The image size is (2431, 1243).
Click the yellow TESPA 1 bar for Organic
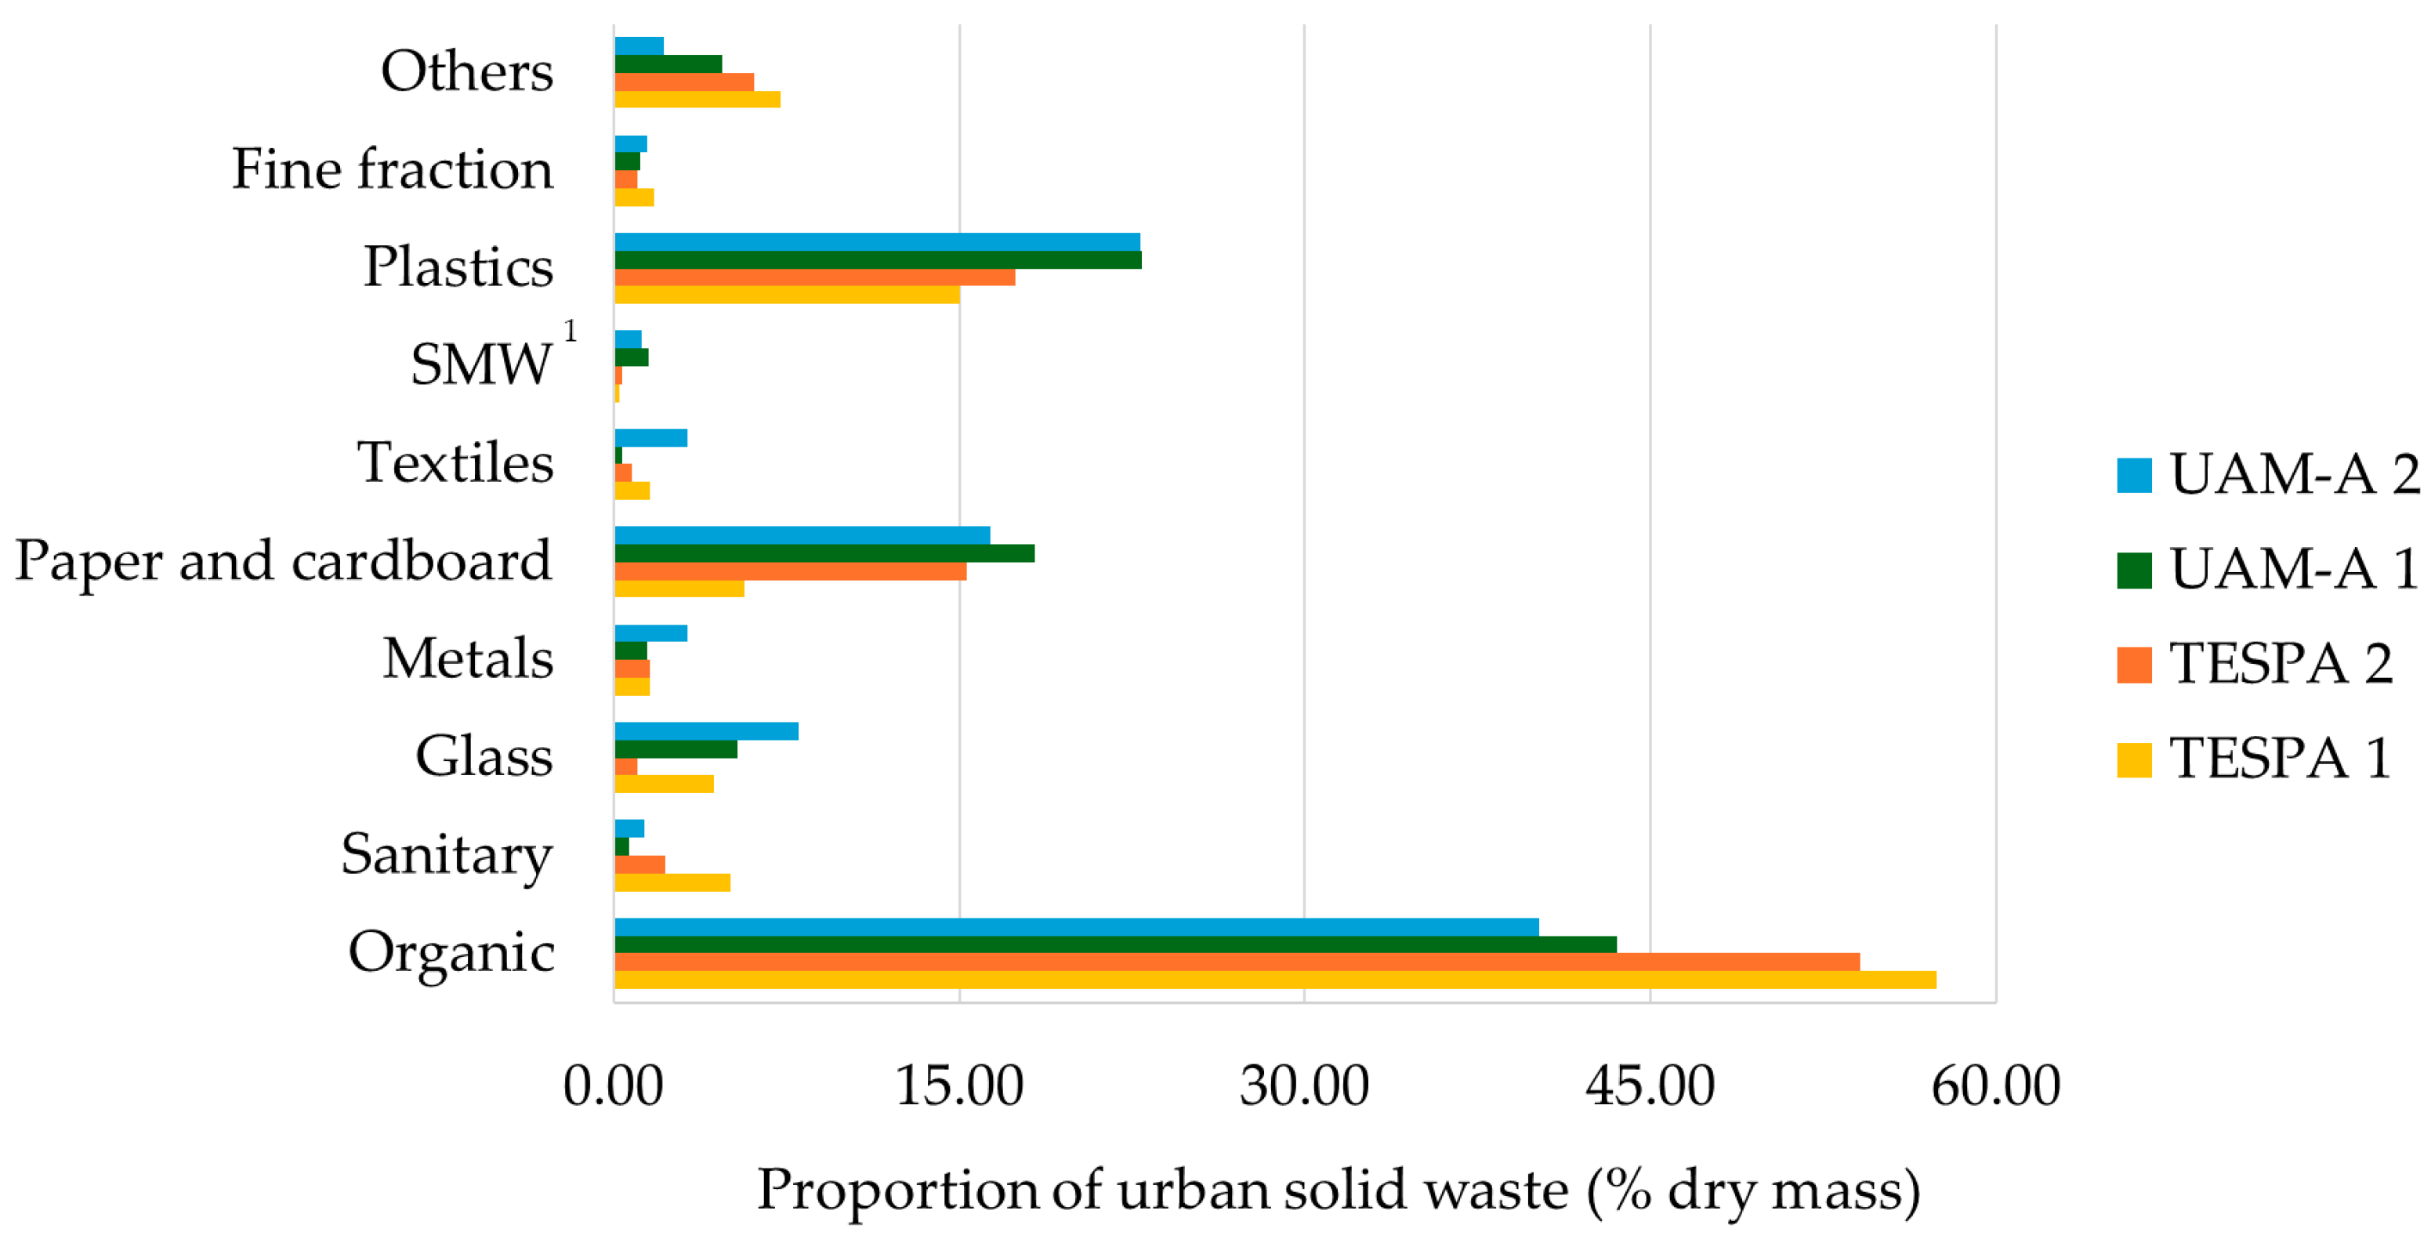[1274, 980]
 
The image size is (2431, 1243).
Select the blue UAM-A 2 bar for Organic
[1076, 927]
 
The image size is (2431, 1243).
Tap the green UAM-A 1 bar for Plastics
[878, 259]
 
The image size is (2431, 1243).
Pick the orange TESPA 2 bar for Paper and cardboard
[790, 571]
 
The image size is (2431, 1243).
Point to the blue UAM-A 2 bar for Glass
[706, 731]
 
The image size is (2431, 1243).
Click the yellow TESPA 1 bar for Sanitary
[672, 882]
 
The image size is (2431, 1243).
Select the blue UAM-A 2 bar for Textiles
[650, 438]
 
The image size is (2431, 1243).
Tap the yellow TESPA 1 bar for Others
[697, 99]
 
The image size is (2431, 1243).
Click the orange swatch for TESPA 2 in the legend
[2134, 665]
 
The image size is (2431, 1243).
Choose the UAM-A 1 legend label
[2294, 569]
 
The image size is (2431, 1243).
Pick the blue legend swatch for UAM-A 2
[2134, 475]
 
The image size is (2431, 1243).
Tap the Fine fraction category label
[393, 169]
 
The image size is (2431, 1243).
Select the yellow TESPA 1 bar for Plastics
[787, 295]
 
